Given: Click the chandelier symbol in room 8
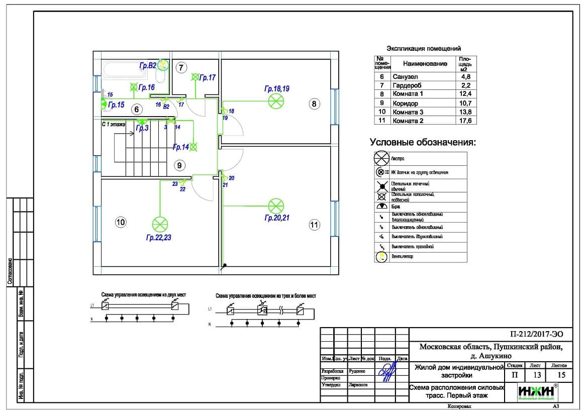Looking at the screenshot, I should [275, 101].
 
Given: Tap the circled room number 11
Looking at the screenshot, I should [314, 225].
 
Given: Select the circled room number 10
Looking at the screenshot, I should [121, 222].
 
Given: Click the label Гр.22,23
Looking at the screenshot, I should [159, 238].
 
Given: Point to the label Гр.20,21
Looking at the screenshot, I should [277, 218].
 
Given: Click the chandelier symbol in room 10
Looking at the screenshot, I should [160, 224].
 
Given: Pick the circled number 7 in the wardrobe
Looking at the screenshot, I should [181, 67].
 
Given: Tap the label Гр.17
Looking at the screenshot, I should [207, 77].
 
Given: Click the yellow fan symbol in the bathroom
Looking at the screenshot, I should [162, 65].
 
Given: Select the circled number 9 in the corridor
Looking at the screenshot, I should [179, 165].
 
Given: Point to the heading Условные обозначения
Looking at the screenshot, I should [423, 142].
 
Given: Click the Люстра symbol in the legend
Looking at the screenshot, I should [381, 158].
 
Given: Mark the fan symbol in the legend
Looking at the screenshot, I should [381, 257].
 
